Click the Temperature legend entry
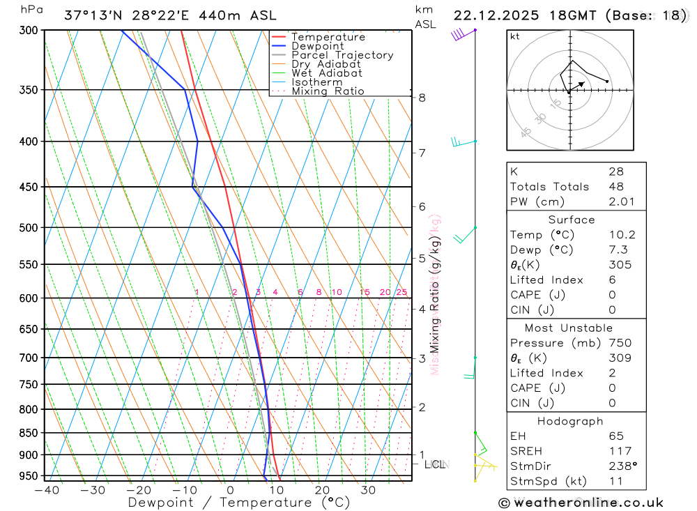click(x=328, y=37)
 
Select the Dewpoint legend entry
click(x=318, y=46)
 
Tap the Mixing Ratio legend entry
click(x=328, y=91)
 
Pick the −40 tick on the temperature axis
click(x=46, y=490)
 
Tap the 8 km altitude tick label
click(x=422, y=98)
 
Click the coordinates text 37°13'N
click(x=92, y=15)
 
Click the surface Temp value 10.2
click(x=622, y=235)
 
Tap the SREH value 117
click(x=620, y=451)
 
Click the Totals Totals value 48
click(x=616, y=186)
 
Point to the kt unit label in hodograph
click(x=514, y=37)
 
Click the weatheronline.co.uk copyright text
click(x=581, y=502)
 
